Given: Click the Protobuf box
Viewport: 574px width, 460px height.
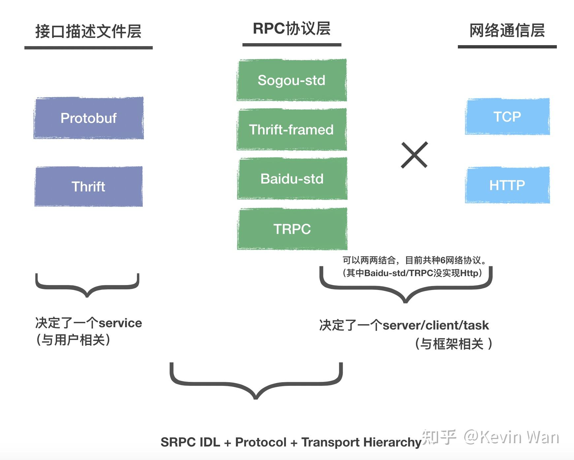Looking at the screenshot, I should (88, 118).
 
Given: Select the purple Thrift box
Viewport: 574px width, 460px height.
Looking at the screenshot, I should (88, 187).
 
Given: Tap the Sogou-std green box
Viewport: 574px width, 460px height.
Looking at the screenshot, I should (292, 80).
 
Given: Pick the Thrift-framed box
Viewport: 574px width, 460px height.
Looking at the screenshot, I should (292, 129).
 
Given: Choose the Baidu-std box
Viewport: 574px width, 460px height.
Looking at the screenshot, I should (292, 179).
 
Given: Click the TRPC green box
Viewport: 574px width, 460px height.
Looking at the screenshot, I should (292, 229).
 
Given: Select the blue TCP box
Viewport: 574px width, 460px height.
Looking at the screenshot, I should (507, 117).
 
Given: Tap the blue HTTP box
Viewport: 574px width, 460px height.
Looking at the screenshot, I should (507, 185).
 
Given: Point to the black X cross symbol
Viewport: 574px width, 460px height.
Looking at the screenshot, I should (414, 155).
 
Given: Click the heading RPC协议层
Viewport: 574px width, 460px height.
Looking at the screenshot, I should (292, 29).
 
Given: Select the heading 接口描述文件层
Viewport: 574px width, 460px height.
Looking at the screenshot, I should (88, 32).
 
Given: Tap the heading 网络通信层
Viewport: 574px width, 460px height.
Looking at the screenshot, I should (507, 31).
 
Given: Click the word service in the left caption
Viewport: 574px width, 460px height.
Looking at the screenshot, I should (120, 323).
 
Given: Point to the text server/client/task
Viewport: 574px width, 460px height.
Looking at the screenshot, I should (435, 325).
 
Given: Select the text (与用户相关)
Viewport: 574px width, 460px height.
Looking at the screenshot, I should (73, 340).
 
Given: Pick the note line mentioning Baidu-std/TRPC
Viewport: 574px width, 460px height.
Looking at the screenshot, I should (412, 273).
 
